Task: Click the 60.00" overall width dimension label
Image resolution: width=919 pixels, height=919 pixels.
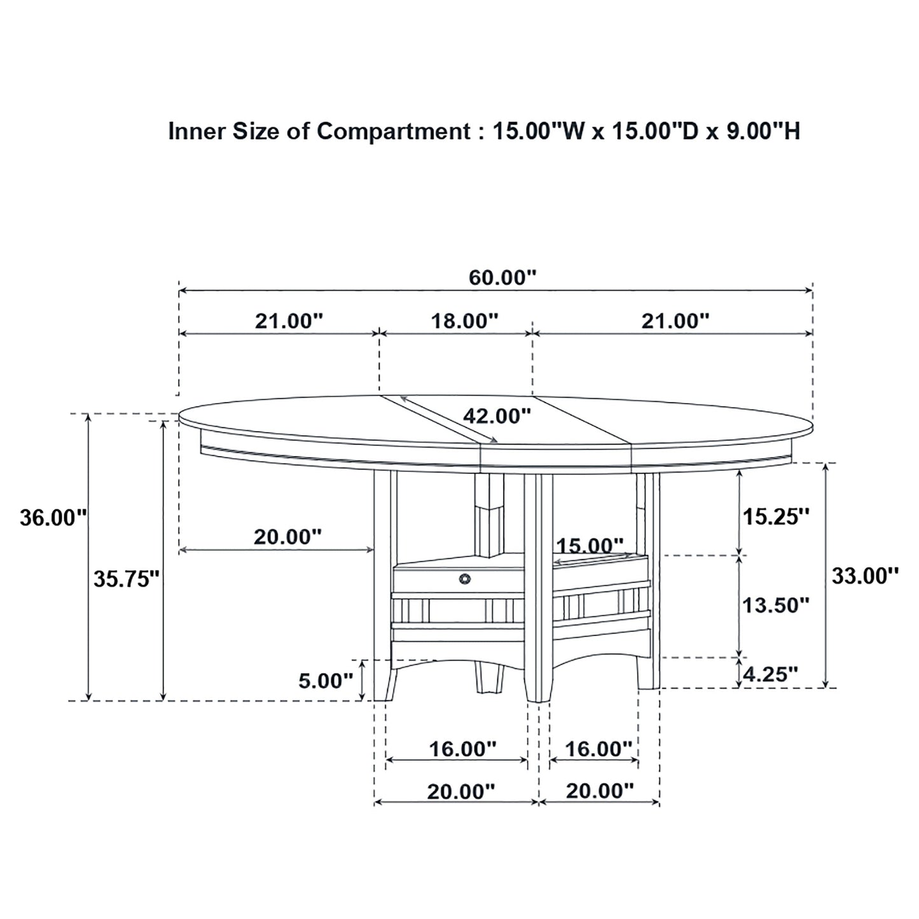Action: point(502,278)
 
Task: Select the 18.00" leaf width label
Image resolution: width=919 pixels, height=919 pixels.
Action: point(464,321)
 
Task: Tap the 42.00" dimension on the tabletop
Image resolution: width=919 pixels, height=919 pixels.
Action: point(496,416)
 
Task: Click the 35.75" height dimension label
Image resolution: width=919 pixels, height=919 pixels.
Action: point(126,579)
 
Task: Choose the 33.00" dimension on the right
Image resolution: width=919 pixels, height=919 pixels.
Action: point(865,576)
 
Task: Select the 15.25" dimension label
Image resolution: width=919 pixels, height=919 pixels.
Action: point(776,516)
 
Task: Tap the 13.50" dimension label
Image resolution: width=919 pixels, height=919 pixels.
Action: point(776,605)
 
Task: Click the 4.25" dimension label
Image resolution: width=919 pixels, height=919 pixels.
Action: point(771,674)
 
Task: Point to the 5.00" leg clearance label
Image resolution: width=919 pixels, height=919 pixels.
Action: point(326,681)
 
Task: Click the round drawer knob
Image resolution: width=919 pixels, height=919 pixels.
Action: point(464,578)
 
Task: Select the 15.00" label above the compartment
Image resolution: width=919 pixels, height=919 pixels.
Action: point(590,546)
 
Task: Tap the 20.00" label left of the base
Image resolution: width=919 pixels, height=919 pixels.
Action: point(287,537)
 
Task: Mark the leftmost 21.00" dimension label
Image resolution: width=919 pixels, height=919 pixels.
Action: point(289,321)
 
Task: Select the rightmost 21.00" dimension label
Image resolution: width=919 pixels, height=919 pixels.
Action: point(675,321)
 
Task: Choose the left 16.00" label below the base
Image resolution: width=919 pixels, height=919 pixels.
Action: point(462,749)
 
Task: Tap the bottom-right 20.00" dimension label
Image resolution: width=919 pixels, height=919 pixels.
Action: point(600,791)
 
